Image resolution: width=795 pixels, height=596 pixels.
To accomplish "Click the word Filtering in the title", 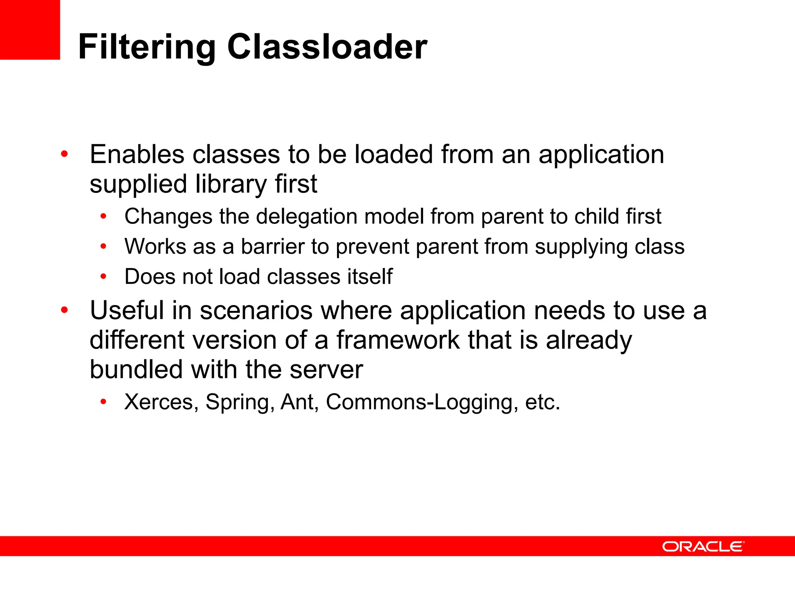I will [147, 47].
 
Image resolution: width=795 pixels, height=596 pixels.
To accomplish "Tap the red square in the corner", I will [30, 29].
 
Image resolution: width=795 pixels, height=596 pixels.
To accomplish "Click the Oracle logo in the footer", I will [703, 546].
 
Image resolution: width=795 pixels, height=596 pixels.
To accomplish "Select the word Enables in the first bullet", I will [137, 154].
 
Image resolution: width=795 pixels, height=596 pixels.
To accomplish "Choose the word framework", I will [397, 340].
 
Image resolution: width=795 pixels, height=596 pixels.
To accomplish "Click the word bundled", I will [136, 369].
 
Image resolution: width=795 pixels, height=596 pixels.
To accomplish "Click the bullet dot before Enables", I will [64, 154].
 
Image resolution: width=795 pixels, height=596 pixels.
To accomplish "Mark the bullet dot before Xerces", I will [103, 402].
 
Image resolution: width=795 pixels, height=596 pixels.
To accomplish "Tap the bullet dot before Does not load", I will [103, 277].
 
